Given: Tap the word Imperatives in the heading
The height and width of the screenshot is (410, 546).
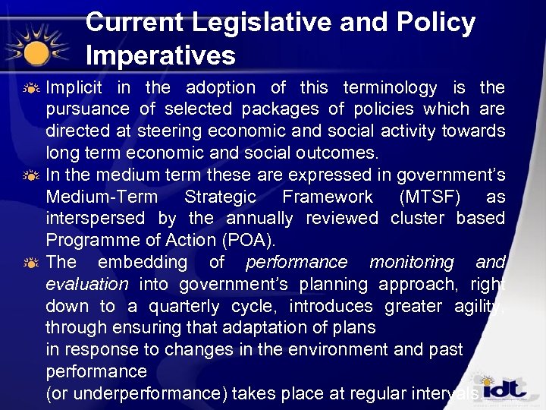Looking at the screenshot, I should pyautogui.click(x=161, y=55).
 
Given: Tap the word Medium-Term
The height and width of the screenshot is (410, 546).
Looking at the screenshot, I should pyautogui.click(x=102, y=197).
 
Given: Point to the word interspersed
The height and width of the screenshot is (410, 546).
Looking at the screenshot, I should pyautogui.click(x=96, y=219).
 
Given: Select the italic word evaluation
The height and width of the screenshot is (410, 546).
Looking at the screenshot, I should pyautogui.click(x=87, y=285).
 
